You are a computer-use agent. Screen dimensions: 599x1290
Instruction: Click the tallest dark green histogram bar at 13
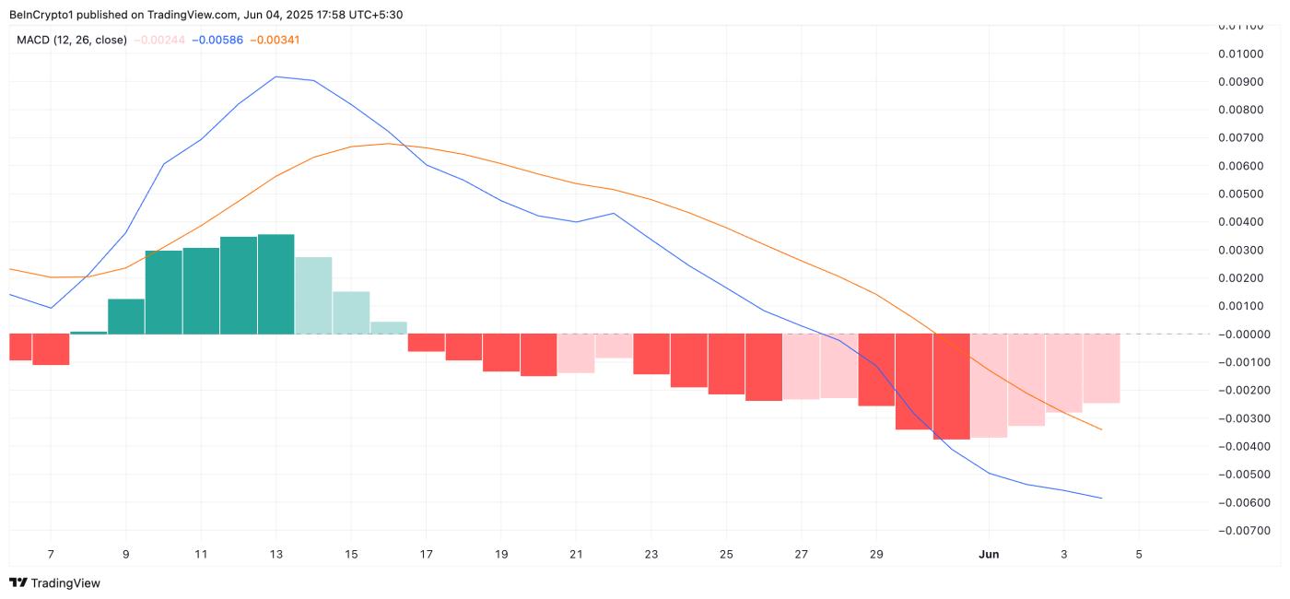coord(276,284)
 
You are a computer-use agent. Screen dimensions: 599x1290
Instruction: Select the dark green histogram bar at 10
coord(163,292)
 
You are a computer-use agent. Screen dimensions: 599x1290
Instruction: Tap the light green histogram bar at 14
coord(313,295)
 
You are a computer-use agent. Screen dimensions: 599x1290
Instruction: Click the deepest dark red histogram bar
coord(951,386)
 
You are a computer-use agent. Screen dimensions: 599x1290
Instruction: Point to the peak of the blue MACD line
coord(276,76)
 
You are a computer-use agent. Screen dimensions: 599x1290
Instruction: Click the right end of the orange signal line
coord(1101,429)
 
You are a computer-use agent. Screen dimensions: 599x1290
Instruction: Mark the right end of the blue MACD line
coord(1101,499)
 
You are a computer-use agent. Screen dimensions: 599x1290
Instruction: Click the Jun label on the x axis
coord(989,554)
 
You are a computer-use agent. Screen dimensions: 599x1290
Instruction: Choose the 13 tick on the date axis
coord(276,554)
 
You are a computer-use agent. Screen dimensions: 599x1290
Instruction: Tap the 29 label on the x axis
coord(876,554)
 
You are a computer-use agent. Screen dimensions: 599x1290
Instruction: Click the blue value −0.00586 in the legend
coord(217,41)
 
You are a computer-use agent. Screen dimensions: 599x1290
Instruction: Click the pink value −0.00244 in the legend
coord(160,41)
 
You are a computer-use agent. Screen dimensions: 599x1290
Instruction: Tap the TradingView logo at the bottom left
coord(54,582)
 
